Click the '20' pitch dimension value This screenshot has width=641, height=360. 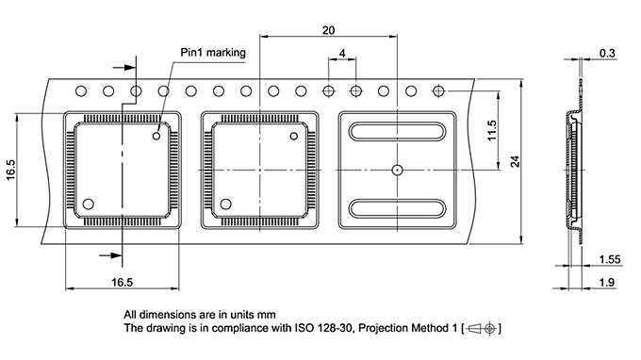point(328,30)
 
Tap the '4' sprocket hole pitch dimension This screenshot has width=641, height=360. point(342,53)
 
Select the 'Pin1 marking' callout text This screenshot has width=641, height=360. point(213,53)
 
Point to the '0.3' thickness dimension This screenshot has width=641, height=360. point(607,53)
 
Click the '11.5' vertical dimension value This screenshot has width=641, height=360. point(492,130)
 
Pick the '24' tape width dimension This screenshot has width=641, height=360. point(515,161)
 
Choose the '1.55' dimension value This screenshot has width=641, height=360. point(610,259)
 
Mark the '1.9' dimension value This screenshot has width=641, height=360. point(607,283)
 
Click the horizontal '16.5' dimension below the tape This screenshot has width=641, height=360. point(123,283)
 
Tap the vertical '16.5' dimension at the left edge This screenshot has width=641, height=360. point(10,170)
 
